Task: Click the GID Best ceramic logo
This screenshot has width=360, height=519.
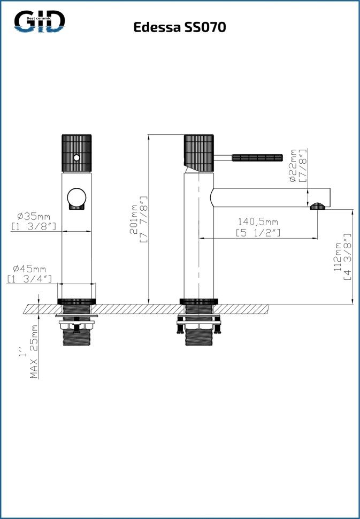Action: coord(40,21)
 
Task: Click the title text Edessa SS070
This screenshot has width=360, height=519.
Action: coord(180,27)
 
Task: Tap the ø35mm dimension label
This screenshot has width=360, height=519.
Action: coord(34,217)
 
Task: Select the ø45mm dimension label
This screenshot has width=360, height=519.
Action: coord(29,269)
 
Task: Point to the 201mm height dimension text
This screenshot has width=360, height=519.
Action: coord(133,219)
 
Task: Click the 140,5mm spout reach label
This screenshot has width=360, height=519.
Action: coord(258,222)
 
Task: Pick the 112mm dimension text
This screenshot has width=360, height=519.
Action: coord(338,257)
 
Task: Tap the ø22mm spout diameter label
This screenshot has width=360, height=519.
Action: coord(293,165)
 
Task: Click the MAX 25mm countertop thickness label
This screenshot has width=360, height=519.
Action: coord(34,352)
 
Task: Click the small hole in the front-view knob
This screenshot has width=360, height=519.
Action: coord(76,158)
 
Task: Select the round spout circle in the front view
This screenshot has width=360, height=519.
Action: coord(76,197)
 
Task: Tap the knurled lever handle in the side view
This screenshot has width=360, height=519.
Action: coord(257,157)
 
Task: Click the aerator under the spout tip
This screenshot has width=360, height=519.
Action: coord(318,206)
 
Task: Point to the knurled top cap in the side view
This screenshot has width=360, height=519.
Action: coord(198,153)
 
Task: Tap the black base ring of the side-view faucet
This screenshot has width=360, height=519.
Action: coord(198,301)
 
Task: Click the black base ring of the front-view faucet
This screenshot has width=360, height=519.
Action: coord(76,301)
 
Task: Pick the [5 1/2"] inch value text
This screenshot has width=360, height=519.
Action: coord(258,233)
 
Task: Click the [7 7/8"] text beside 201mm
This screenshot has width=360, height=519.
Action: coord(143,219)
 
